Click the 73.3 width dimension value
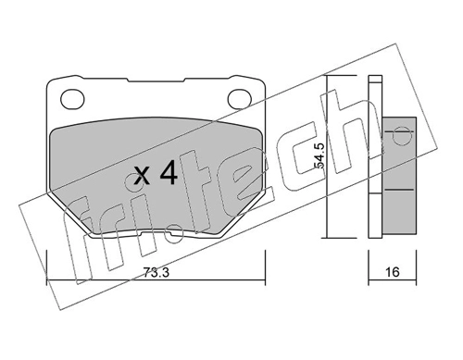click(x=156, y=273)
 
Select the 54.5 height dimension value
click(x=319, y=155)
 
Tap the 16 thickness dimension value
click(x=393, y=272)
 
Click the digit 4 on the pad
click(x=169, y=174)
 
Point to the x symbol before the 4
click(x=143, y=177)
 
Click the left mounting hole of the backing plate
click(x=72, y=99)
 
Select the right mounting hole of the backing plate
click(x=240, y=99)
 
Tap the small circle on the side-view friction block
click(x=398, y=136)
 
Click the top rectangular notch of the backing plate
click(x=156, y=80)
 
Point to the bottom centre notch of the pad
click(x=156, y=235)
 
